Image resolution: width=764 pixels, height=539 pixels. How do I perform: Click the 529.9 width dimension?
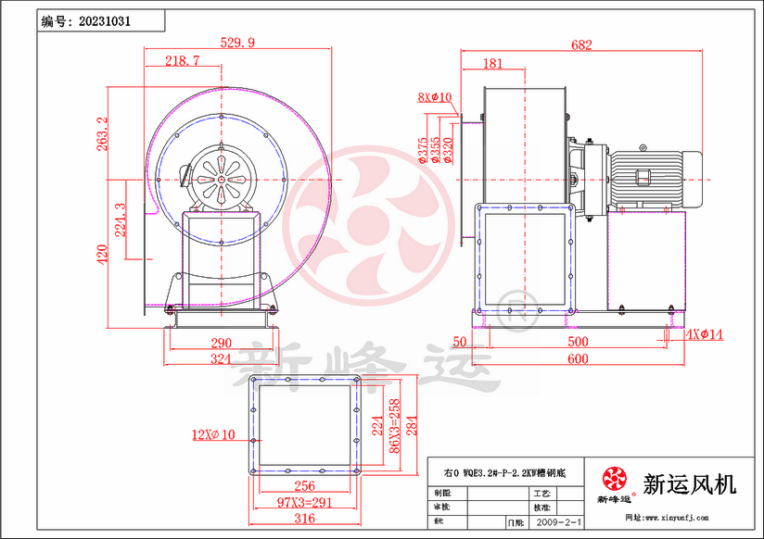(x=238, y=42)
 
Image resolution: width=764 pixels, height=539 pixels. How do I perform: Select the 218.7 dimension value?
(x=182, y=60)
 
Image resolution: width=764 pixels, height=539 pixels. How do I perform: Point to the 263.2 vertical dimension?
(x=103, y=132)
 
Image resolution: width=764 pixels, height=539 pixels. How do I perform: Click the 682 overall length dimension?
(x=581, y=44)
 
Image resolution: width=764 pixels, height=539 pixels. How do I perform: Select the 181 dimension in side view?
(x=492, y=64)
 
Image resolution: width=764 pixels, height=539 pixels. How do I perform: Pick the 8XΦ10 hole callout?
(x=434, y=96)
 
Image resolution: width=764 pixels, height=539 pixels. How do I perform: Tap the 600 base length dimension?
(x=577, y=359)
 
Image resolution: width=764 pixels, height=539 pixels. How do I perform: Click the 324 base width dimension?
(x=220, y=358)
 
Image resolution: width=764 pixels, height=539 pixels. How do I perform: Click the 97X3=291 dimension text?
(x=292, y=501)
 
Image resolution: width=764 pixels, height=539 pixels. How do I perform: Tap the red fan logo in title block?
(x=614, y=479)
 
